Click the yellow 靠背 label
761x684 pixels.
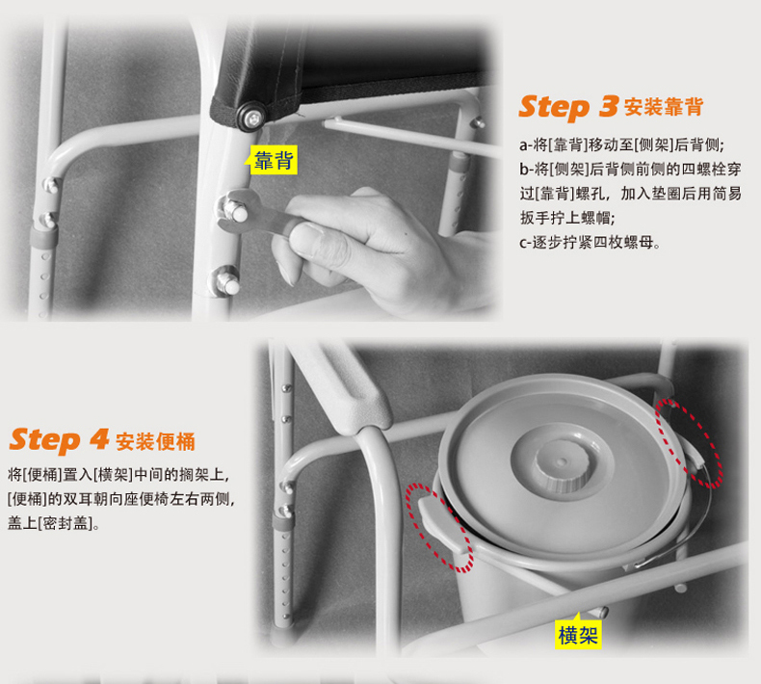(x=274, y=160)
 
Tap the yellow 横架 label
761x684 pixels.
(x=578, y=635)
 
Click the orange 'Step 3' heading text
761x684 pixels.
(x=569, y=107)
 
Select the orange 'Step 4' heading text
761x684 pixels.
(x=59, y=440)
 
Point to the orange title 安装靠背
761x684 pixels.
(x=664, y=107)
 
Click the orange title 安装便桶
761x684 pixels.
(x=155, y=442)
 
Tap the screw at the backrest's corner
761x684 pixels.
(x=251, y=118)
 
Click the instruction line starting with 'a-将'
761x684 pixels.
(x=621, y=145)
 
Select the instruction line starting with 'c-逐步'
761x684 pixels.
(x=590, y=242)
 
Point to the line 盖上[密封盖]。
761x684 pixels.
(x=54, y=523)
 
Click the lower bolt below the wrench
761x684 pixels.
(x=225, y=281)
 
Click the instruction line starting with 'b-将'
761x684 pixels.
(x=630, y=169)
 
